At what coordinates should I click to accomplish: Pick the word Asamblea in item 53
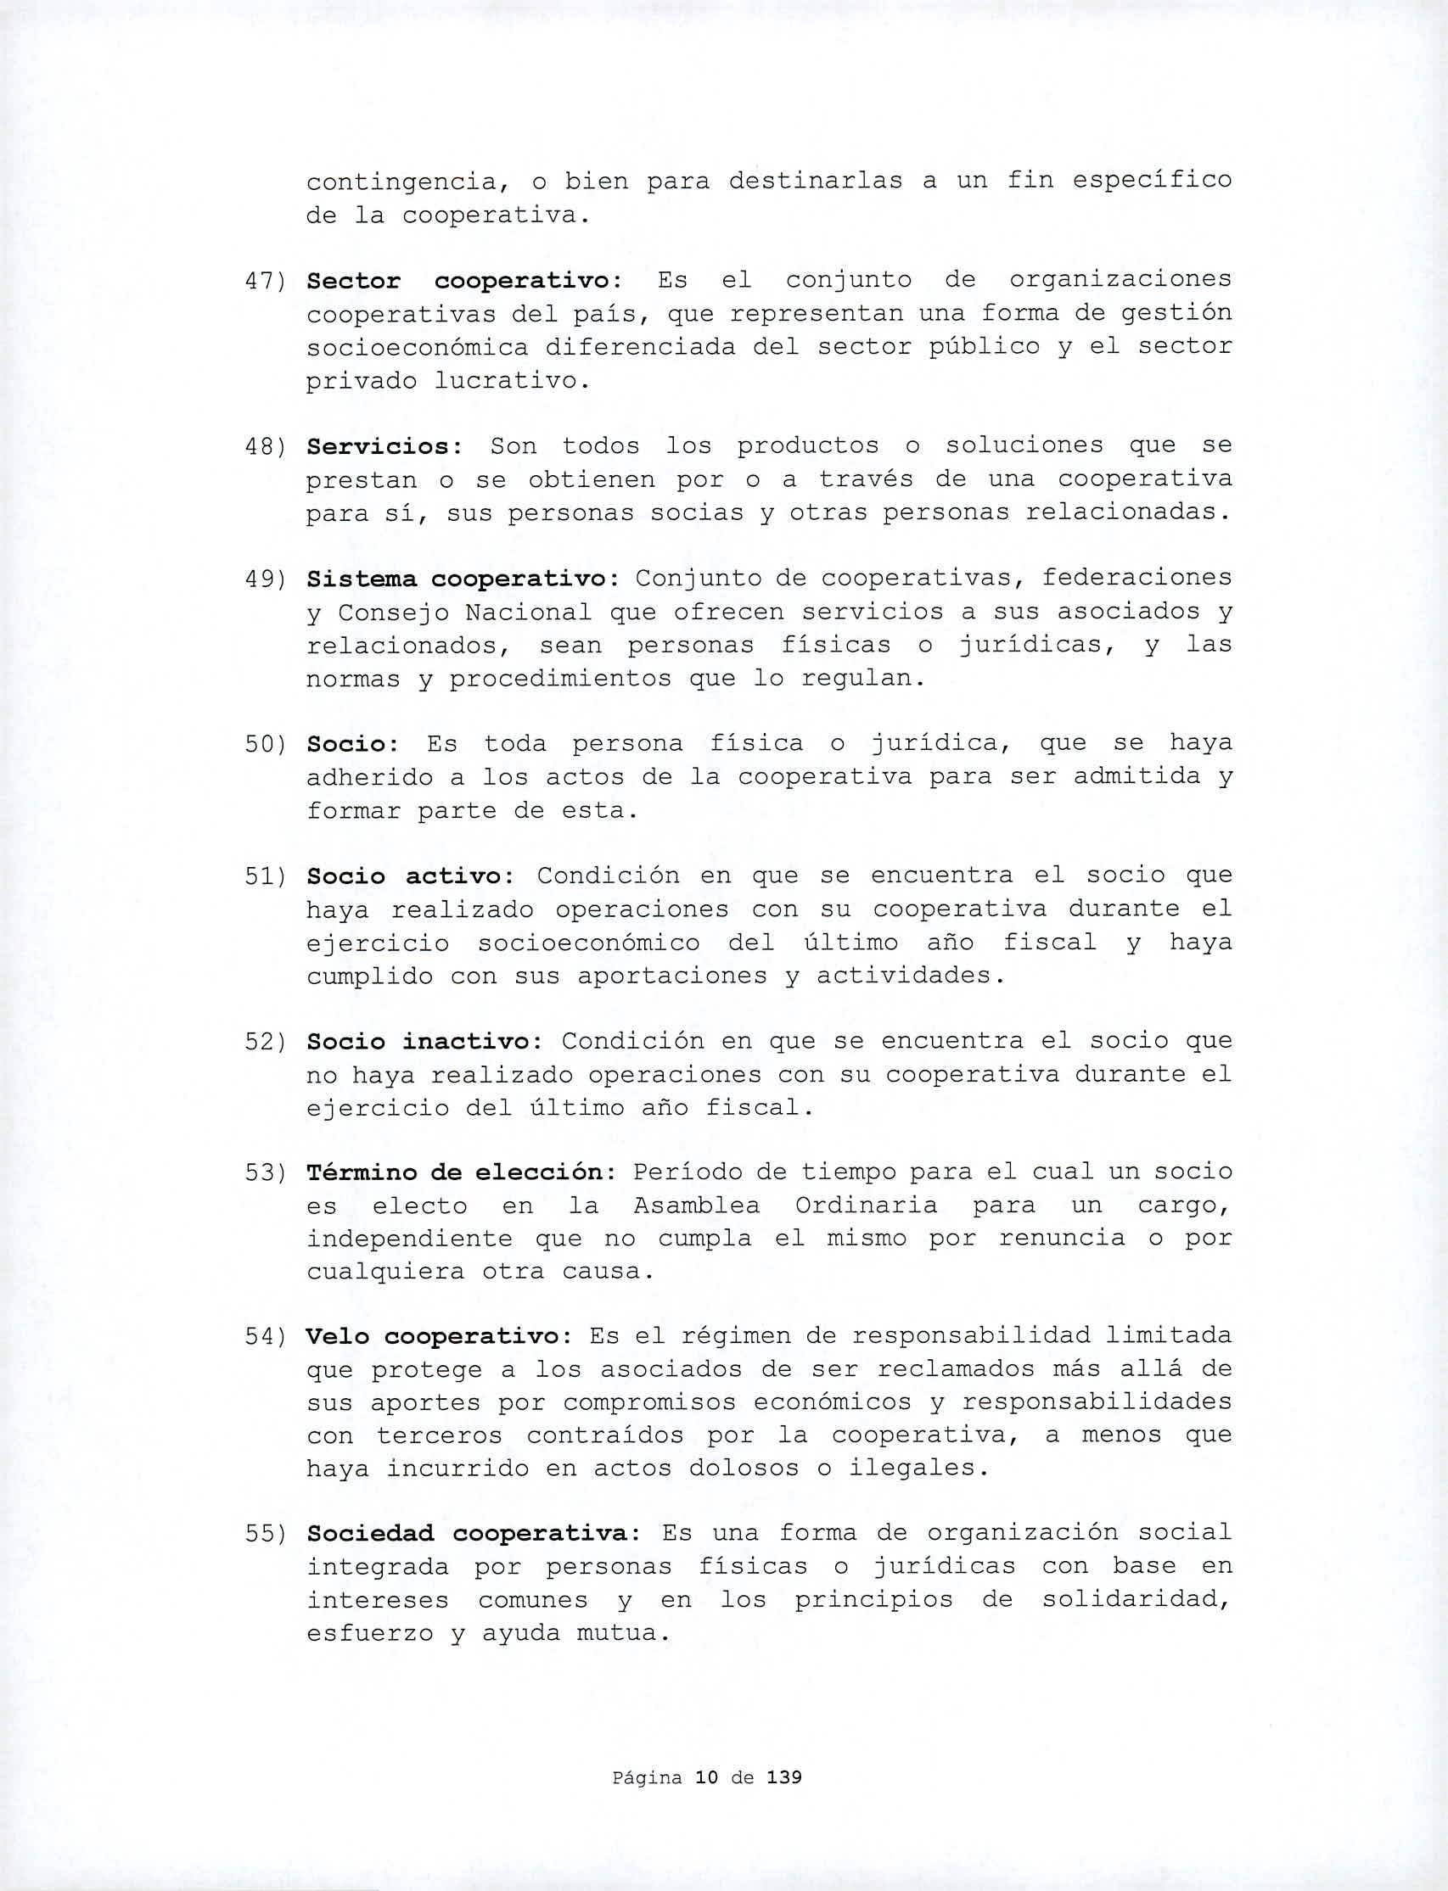coord(697,1206)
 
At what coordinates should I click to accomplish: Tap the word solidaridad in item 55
coord(1136,1600)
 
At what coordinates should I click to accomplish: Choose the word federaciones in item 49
coord(1136,579)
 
